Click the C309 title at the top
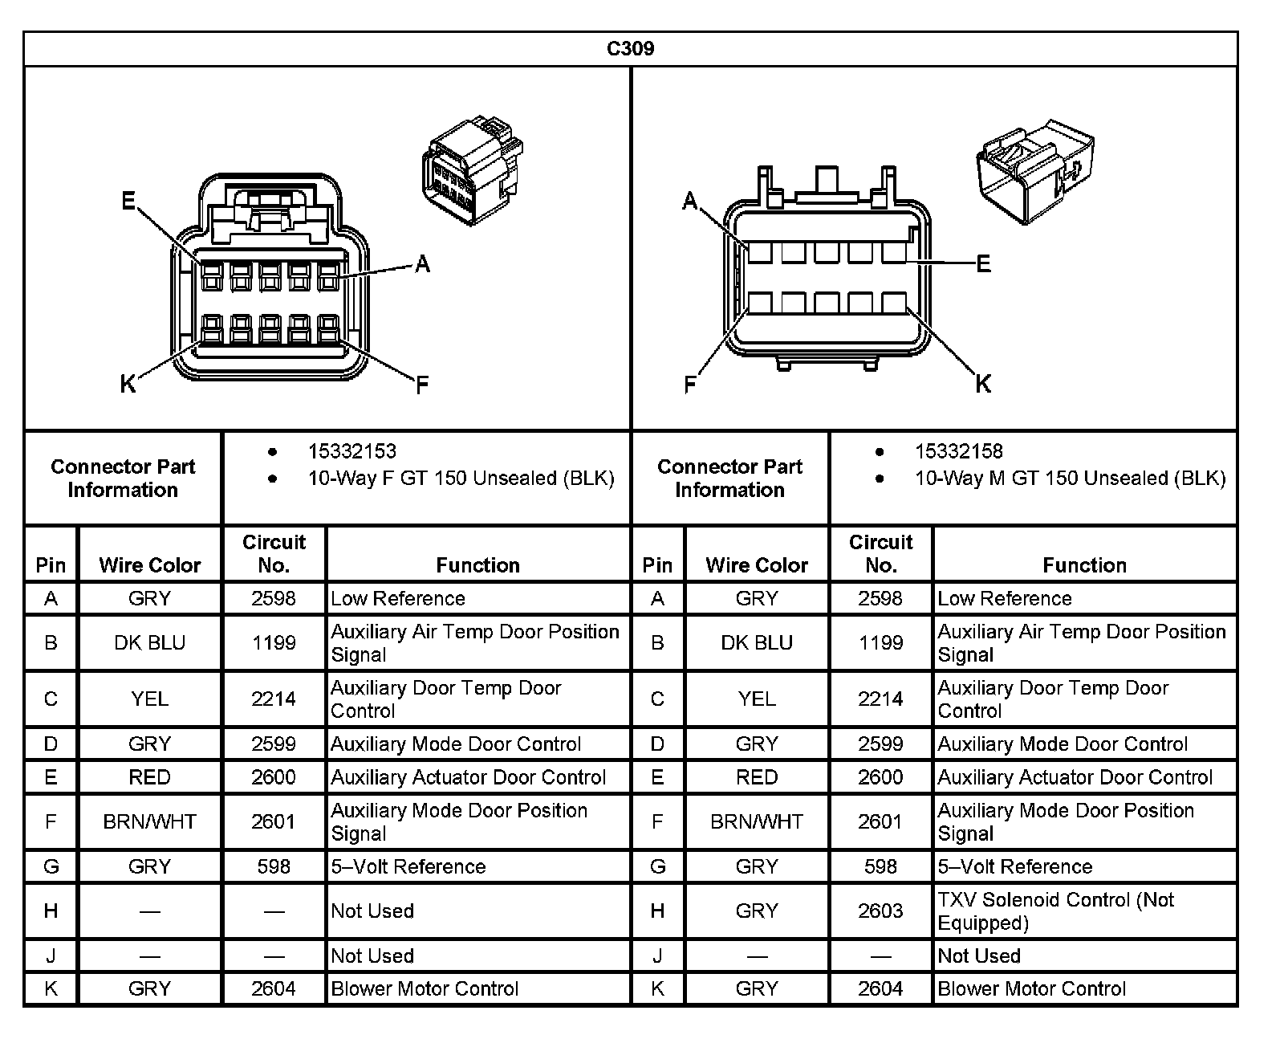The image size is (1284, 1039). pos(630,49)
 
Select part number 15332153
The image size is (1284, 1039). pos(351,451)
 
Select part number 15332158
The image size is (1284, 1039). pos(958,451)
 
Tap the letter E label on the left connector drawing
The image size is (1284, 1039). pos(128,201)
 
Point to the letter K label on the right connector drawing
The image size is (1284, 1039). pos(983,385)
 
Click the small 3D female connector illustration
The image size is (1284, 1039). pos(471,166)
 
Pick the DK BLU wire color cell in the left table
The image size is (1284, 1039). pos(149,643)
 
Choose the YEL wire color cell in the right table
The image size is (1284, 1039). pos(756,699)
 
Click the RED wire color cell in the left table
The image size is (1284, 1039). pos(149,777)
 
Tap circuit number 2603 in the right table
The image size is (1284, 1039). pos(880,911)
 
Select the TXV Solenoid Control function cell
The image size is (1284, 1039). pos(1055,911)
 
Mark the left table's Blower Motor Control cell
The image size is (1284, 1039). pos(425,989)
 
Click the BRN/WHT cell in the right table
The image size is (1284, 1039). pos(756,822)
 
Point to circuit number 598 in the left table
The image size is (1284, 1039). pos(274,867)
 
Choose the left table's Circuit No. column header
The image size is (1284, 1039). pos(274,553)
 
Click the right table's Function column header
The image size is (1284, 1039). pos(1084,565)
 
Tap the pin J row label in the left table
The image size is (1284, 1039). pos(51,956)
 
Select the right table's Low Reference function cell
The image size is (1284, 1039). pos(1005,599)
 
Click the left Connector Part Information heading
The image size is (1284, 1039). pos(123,479)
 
